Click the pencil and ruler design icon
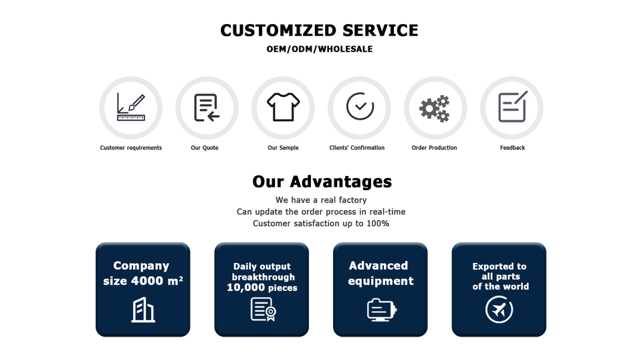coord(130,107)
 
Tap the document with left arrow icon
coord(207,107)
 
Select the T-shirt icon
coord(284,106)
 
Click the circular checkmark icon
coord(359,106)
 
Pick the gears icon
coord(435,108)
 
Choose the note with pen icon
coord(512,106)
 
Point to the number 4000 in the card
coord(147,281)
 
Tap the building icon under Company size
coord(142,310)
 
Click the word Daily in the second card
coord(245,266)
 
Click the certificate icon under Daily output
coord(263,309)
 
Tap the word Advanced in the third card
coord(379,266)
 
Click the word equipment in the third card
coord(381,281)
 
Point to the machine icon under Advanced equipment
coord(381,309)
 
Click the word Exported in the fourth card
coord(493,266)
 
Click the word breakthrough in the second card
coord(263,277)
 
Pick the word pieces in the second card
coord(280,288)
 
